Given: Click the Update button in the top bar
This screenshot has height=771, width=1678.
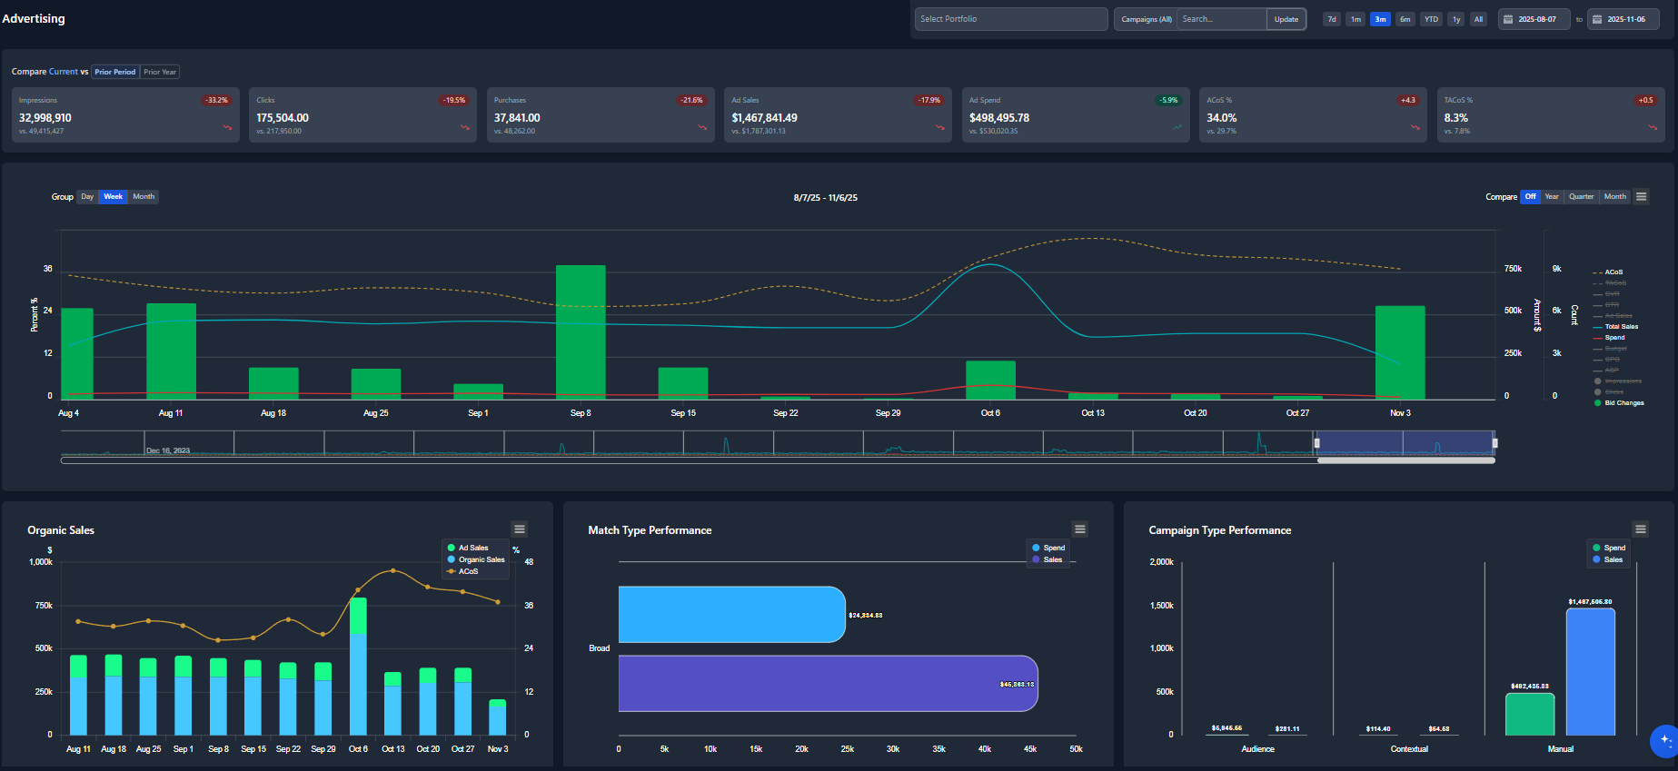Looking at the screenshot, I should [1286, 19].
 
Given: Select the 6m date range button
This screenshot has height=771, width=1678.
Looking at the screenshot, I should [1405, 19].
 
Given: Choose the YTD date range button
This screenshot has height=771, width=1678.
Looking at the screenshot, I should [1431, 19].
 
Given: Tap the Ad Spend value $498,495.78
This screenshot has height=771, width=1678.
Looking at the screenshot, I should [998, 118].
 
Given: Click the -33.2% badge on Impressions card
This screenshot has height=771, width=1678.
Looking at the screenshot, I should [216, 100].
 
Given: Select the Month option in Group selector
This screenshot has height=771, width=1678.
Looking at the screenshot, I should [144, 196].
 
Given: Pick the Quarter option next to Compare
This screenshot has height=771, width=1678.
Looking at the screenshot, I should [1581, 196].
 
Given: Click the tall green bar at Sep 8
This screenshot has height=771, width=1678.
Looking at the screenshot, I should [581, 331].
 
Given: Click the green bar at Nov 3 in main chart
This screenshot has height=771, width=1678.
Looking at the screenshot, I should [1400, 351].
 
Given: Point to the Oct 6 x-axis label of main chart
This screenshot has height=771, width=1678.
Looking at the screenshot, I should [990, 413].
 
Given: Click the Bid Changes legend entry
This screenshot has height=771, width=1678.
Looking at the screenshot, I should [1623, 403].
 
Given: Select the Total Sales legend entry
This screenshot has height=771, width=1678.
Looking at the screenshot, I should [1621, 327].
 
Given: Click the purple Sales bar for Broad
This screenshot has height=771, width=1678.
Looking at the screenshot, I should [827, 683].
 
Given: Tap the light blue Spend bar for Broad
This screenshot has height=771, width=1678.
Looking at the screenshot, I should [731, 615].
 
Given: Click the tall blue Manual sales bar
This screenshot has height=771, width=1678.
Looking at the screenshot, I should [1590, 672].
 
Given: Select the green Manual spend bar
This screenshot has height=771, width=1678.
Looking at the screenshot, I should [1530, 715].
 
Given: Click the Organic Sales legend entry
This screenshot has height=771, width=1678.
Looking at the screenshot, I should [481, 559].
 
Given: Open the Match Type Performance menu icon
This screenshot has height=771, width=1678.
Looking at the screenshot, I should [1080, 529].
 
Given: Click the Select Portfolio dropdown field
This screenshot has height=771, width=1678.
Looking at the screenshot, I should [1010, 19].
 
